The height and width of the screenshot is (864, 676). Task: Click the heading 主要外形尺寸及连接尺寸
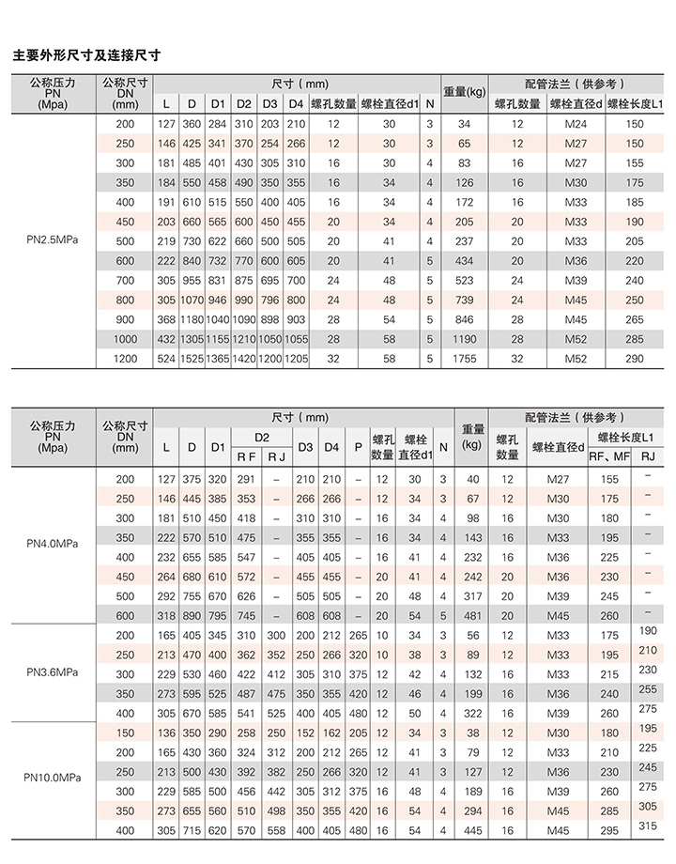click(x=86, y=55)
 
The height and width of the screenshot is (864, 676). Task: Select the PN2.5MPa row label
click(x=52, y=241)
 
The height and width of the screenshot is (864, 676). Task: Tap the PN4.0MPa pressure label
click(x=52, y=544)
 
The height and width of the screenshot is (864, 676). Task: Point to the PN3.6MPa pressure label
click(x=52, y=672)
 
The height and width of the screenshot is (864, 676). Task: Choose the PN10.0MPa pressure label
click(x=52, y=777)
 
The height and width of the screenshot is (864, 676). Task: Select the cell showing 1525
click(x=192, y=359)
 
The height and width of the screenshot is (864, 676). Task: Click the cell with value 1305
click(x=192, y=339)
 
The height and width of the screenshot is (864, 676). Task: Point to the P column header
click(x=358, y=448)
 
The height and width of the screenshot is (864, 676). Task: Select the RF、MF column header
click(x=609, y=457)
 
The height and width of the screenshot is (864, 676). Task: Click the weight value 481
click(x=471, y=616)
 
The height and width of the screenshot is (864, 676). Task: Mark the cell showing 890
click(x=192, y=616)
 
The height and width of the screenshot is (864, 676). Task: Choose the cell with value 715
click(x=192, y=830)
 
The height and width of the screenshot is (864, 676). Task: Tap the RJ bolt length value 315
click(x=648, y=825)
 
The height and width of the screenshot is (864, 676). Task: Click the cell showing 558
click(x=277, y=830)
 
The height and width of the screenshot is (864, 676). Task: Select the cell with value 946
click(x=218, y=301)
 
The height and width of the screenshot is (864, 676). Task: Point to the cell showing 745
click(x=246, y=616)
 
